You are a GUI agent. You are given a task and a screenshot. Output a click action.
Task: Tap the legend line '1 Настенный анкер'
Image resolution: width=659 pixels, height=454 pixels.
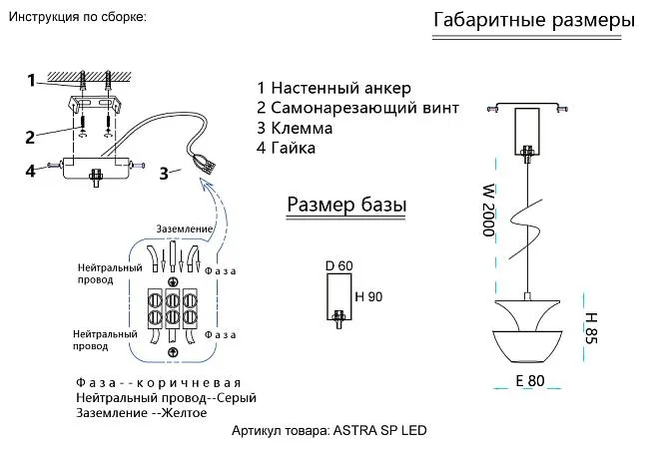point(333,89)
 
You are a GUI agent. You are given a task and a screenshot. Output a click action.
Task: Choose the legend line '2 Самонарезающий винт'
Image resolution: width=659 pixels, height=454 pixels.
point(357,109)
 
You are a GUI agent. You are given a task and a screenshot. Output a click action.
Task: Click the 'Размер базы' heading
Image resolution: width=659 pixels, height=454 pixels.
point(346,205)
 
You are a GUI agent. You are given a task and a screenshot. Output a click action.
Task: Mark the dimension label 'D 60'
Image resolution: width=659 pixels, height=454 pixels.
point(339,266)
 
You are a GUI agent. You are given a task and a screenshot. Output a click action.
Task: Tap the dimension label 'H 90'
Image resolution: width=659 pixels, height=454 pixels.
point(368,296)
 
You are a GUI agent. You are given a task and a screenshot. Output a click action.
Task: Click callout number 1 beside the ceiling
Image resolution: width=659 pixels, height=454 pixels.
point(32,79)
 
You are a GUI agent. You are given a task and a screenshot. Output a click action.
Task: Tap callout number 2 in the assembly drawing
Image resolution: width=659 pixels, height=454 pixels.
point(31,137)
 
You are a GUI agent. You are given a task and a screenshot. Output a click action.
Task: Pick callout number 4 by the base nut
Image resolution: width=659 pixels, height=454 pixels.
point(31,171)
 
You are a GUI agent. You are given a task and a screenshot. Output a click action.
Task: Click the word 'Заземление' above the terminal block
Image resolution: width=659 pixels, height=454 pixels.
point(185,229)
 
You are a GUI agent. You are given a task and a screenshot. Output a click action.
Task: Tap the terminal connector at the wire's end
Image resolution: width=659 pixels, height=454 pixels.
point(207,161)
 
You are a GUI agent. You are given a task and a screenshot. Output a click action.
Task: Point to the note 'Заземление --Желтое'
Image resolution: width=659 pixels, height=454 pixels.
point(140,412)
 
